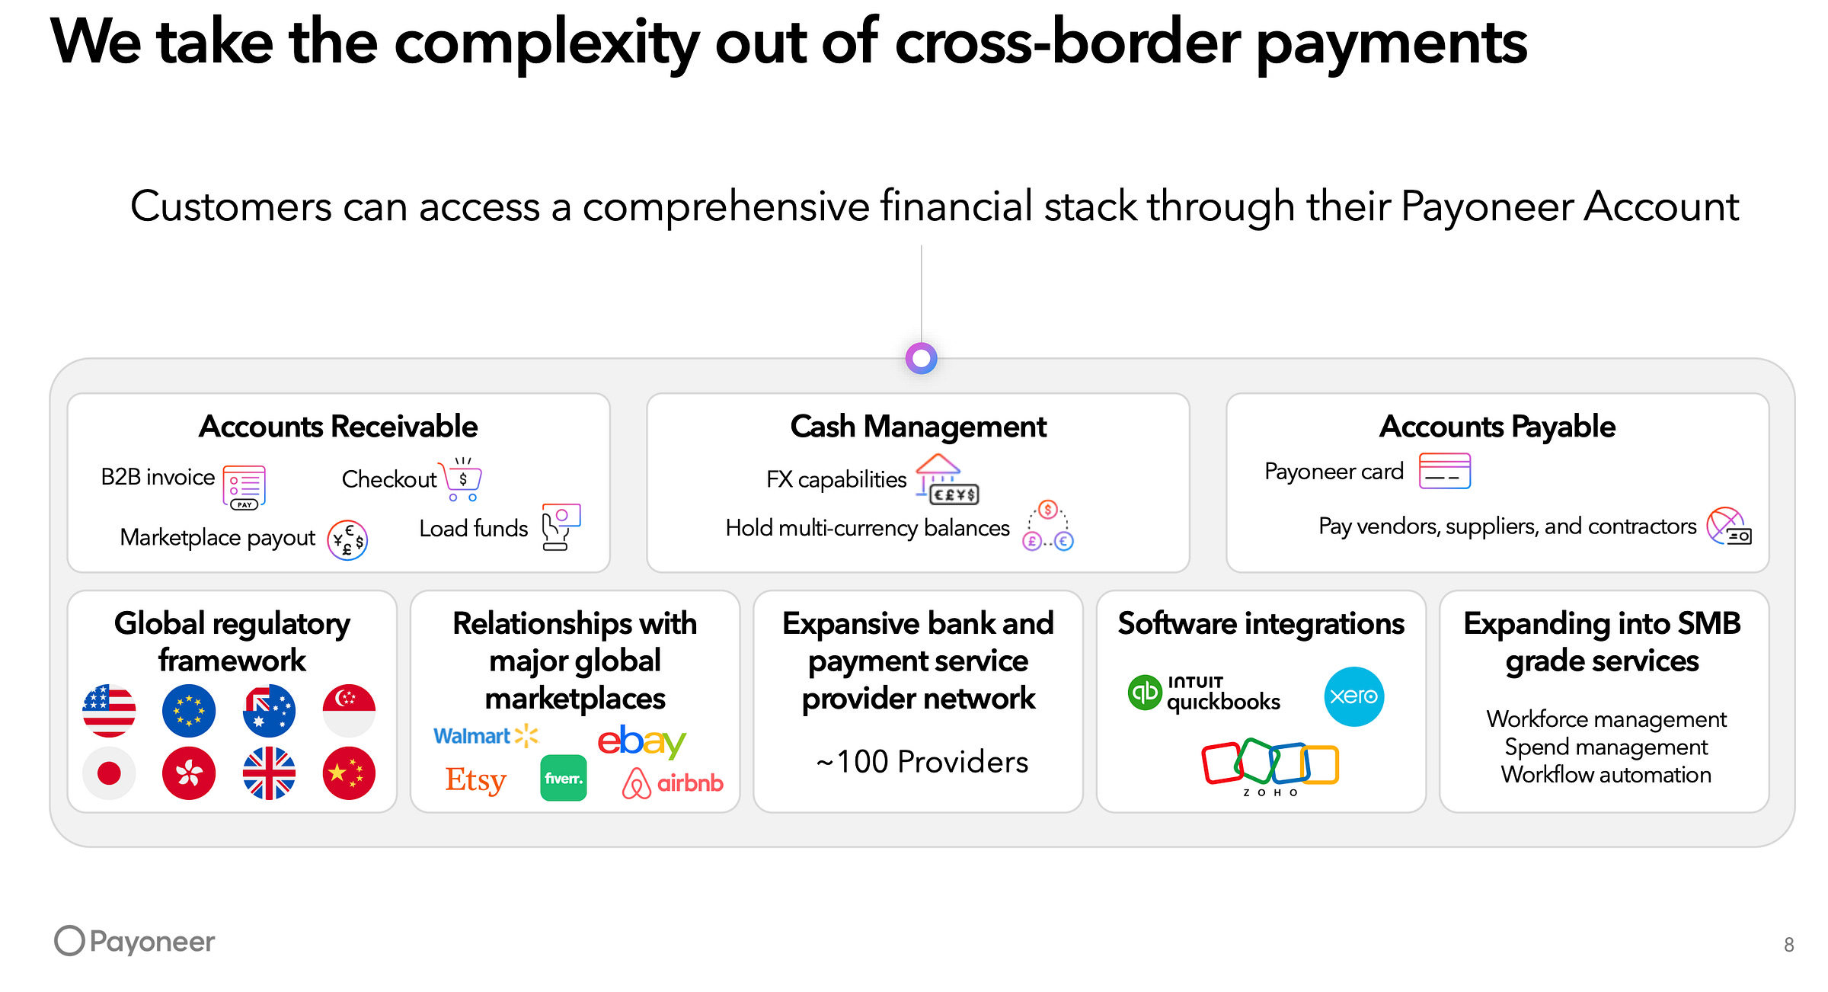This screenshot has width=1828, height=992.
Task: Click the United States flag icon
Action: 109,711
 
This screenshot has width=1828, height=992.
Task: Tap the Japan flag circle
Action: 109,773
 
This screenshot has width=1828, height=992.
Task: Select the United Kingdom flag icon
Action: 269,773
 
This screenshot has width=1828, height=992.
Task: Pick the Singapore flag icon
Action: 349,711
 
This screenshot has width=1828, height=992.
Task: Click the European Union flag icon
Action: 189,711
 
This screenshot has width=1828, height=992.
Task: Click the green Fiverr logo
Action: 564,778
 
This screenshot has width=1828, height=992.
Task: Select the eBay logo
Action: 641,741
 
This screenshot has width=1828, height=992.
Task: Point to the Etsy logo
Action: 476,780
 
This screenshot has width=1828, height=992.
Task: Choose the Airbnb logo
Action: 673,782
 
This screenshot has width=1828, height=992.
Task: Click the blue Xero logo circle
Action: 1353,696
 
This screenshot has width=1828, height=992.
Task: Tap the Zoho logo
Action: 1270,766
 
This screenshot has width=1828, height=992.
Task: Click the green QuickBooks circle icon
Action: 1144,693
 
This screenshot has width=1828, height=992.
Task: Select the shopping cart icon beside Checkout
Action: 462,479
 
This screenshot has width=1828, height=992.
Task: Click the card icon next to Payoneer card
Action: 1444,471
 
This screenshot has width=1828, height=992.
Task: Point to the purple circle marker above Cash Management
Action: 921,358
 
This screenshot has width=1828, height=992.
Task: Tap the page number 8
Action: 1788,945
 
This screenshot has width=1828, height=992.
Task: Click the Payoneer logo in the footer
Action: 135,941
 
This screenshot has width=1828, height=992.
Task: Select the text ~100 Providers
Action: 922,762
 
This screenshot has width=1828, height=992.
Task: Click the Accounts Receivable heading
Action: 338,427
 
